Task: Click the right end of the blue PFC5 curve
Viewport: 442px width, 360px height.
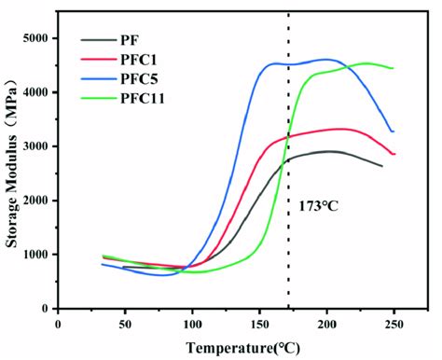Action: [x=393, y=132]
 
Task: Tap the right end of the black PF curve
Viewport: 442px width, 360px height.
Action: [x=381, y=166]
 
